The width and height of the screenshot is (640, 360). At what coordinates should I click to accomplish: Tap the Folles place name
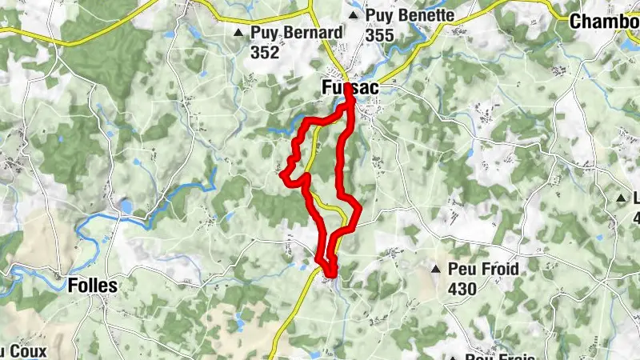93,286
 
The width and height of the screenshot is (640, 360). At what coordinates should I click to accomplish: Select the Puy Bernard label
296,34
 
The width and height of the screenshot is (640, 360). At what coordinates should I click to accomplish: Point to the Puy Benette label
410,15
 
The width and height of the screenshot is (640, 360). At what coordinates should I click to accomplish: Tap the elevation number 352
265,53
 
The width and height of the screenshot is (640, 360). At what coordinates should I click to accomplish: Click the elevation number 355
380,35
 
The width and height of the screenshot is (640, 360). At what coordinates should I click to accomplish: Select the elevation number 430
462,289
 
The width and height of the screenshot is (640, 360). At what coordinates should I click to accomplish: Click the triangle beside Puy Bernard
238,34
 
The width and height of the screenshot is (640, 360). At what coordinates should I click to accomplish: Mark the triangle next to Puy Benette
354,15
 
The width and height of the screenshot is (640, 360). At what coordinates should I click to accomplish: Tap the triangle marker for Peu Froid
437,270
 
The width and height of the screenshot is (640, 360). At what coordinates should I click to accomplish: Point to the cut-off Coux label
24,351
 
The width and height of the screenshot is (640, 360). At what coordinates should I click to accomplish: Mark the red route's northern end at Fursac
349,90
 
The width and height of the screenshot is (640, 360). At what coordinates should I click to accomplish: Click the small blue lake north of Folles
126,206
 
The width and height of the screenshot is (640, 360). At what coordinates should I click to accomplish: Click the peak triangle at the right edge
622,198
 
